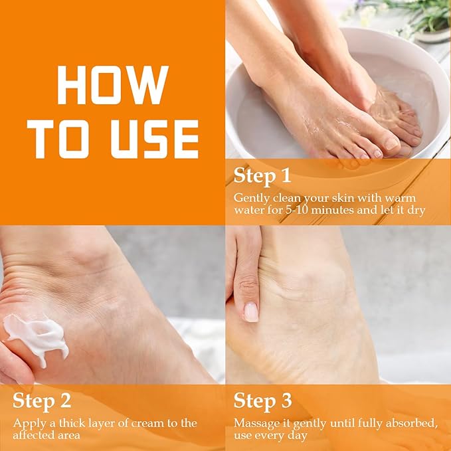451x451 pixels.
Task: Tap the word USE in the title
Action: point(151,139)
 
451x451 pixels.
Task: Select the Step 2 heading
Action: point(41,401)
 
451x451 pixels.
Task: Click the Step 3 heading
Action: point(262,401)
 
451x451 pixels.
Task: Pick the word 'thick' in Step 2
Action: point(70,423)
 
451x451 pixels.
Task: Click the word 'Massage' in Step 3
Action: point(255,423)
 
